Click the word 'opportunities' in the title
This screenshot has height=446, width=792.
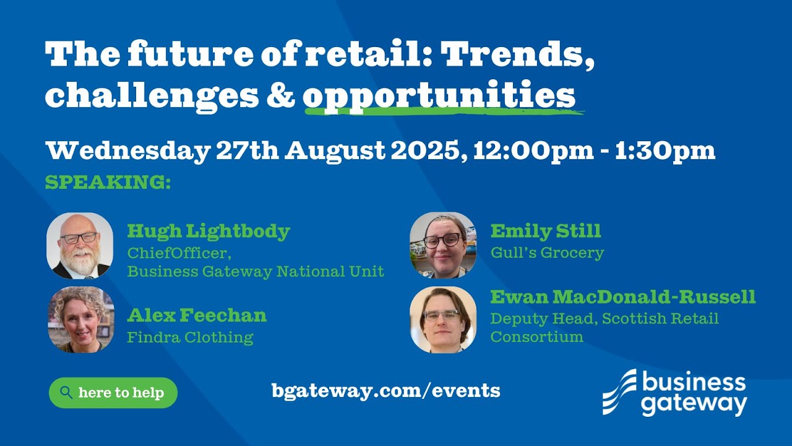(439, 96)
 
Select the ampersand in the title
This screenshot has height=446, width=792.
(280, 96)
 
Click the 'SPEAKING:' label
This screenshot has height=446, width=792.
(108, 183)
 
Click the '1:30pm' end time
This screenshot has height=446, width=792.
(665, 151)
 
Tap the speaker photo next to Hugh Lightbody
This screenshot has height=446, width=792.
(80, 246)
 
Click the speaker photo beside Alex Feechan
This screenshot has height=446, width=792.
(80, 320)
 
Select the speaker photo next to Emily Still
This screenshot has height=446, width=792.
(443, 245)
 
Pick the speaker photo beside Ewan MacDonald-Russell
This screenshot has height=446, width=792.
(443, 320)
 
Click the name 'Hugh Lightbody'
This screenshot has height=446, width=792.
(209, 232)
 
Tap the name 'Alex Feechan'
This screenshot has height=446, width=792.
(197, 315)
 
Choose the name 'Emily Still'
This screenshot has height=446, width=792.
(545, 232)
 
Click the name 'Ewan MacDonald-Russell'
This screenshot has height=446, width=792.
(622, 297)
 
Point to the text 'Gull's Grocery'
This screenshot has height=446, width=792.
(547, 253)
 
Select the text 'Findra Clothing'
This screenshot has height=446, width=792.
(190, 338)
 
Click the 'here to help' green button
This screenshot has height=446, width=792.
(113, 393)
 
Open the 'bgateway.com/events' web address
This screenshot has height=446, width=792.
(385, 391)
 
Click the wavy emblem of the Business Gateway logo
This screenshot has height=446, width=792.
(619, 392)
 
